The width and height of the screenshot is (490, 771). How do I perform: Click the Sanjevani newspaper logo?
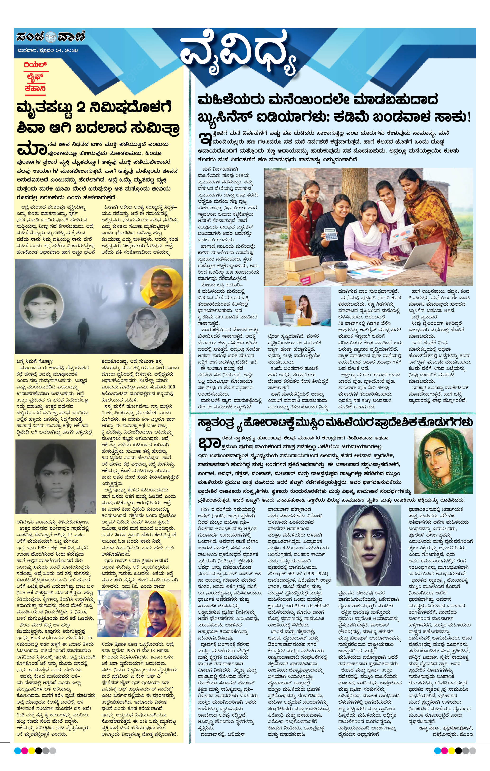50,37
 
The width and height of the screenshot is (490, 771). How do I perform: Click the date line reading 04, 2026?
48,51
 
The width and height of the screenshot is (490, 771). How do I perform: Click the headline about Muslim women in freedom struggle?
335,423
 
